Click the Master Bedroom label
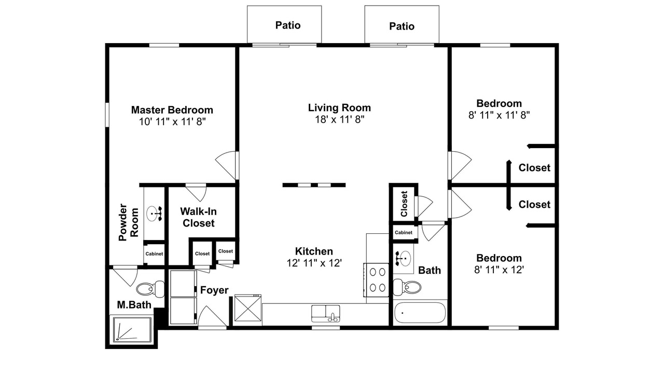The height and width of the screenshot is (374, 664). [172, 110]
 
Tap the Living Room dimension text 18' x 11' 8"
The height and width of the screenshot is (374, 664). [339, 119]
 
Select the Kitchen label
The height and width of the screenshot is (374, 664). [314, 251]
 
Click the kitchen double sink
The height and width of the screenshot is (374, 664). [325, 313]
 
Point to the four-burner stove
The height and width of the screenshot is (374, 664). [376, 280]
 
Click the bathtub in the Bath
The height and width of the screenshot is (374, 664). [420, 313]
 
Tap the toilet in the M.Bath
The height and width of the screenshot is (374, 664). [150, 288]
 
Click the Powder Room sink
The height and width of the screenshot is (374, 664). [154, 213]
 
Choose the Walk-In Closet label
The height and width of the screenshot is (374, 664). [198, 217]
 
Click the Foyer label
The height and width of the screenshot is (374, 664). [214, 290]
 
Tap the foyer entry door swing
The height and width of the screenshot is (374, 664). [212, 316]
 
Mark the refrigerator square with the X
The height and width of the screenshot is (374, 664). [248, 308]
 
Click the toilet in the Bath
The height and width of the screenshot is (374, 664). [407, 287]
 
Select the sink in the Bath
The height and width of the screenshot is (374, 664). [404, 259]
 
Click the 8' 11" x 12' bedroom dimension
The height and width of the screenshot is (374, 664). [499, 270]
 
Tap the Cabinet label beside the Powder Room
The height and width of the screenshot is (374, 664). [154, 254]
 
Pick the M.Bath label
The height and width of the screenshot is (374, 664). [134, 305]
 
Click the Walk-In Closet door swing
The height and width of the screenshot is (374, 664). [196, 192]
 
